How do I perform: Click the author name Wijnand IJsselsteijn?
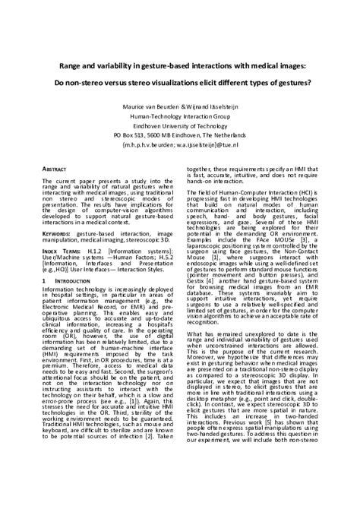click(x=210, y=107)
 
